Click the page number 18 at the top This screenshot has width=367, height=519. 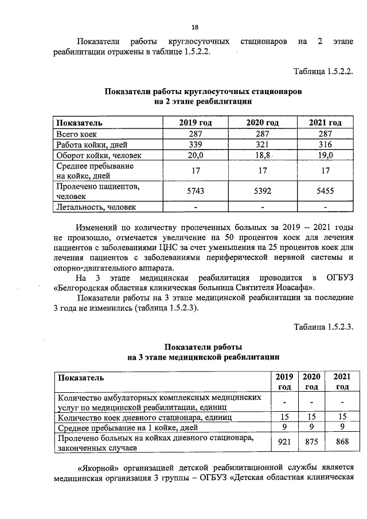195,27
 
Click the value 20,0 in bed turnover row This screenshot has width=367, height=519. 196,155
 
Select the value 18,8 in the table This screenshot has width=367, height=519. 262,155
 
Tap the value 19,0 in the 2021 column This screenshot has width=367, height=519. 325,155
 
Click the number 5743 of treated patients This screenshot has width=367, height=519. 196,192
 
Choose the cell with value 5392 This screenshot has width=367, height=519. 262,192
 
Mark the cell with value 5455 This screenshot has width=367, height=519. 325,192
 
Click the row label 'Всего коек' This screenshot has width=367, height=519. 76,133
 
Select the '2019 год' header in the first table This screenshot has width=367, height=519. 196,123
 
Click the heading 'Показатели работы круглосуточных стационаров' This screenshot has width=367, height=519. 203,92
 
